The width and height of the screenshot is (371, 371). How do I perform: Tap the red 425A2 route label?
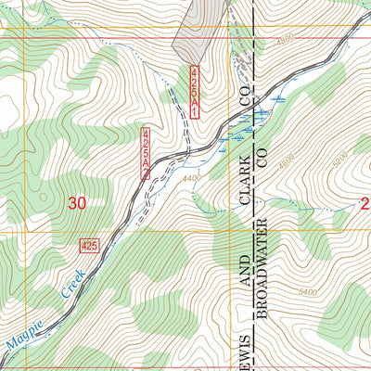click(x=147, y=147)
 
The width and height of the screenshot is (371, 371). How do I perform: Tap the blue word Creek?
click(x=66, y=289)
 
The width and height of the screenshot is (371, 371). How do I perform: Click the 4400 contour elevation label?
click(x=192, y=178)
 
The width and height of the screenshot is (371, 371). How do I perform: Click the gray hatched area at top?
click(x=198, y=28)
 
